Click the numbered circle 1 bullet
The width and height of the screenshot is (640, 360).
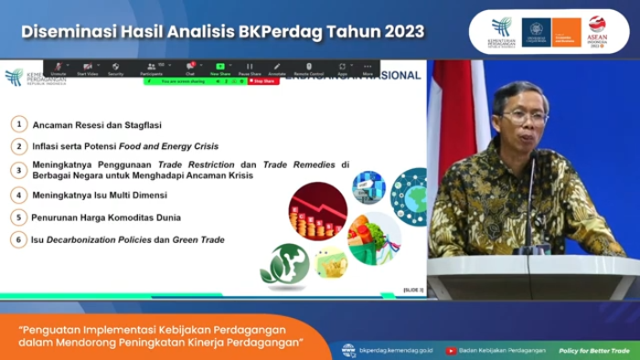[x=17, y=123]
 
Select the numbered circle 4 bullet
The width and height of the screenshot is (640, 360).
[x=17, y=195]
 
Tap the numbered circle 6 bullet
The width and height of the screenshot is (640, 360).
[x=17, y=239]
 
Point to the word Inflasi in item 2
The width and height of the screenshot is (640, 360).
[x=46, y=146]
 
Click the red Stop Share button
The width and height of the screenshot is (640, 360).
[x=263, y=81]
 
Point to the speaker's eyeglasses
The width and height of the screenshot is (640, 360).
[x=524, y=117]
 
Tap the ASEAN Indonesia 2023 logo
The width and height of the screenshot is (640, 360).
[x=598, y=31]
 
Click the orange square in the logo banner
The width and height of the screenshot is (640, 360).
[x=566, y=31]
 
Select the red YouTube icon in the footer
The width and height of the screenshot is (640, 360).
[x=451, y=350]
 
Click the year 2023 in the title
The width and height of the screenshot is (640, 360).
[x=400, y=31]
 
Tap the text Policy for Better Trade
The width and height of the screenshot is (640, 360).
[x=594, y=350]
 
